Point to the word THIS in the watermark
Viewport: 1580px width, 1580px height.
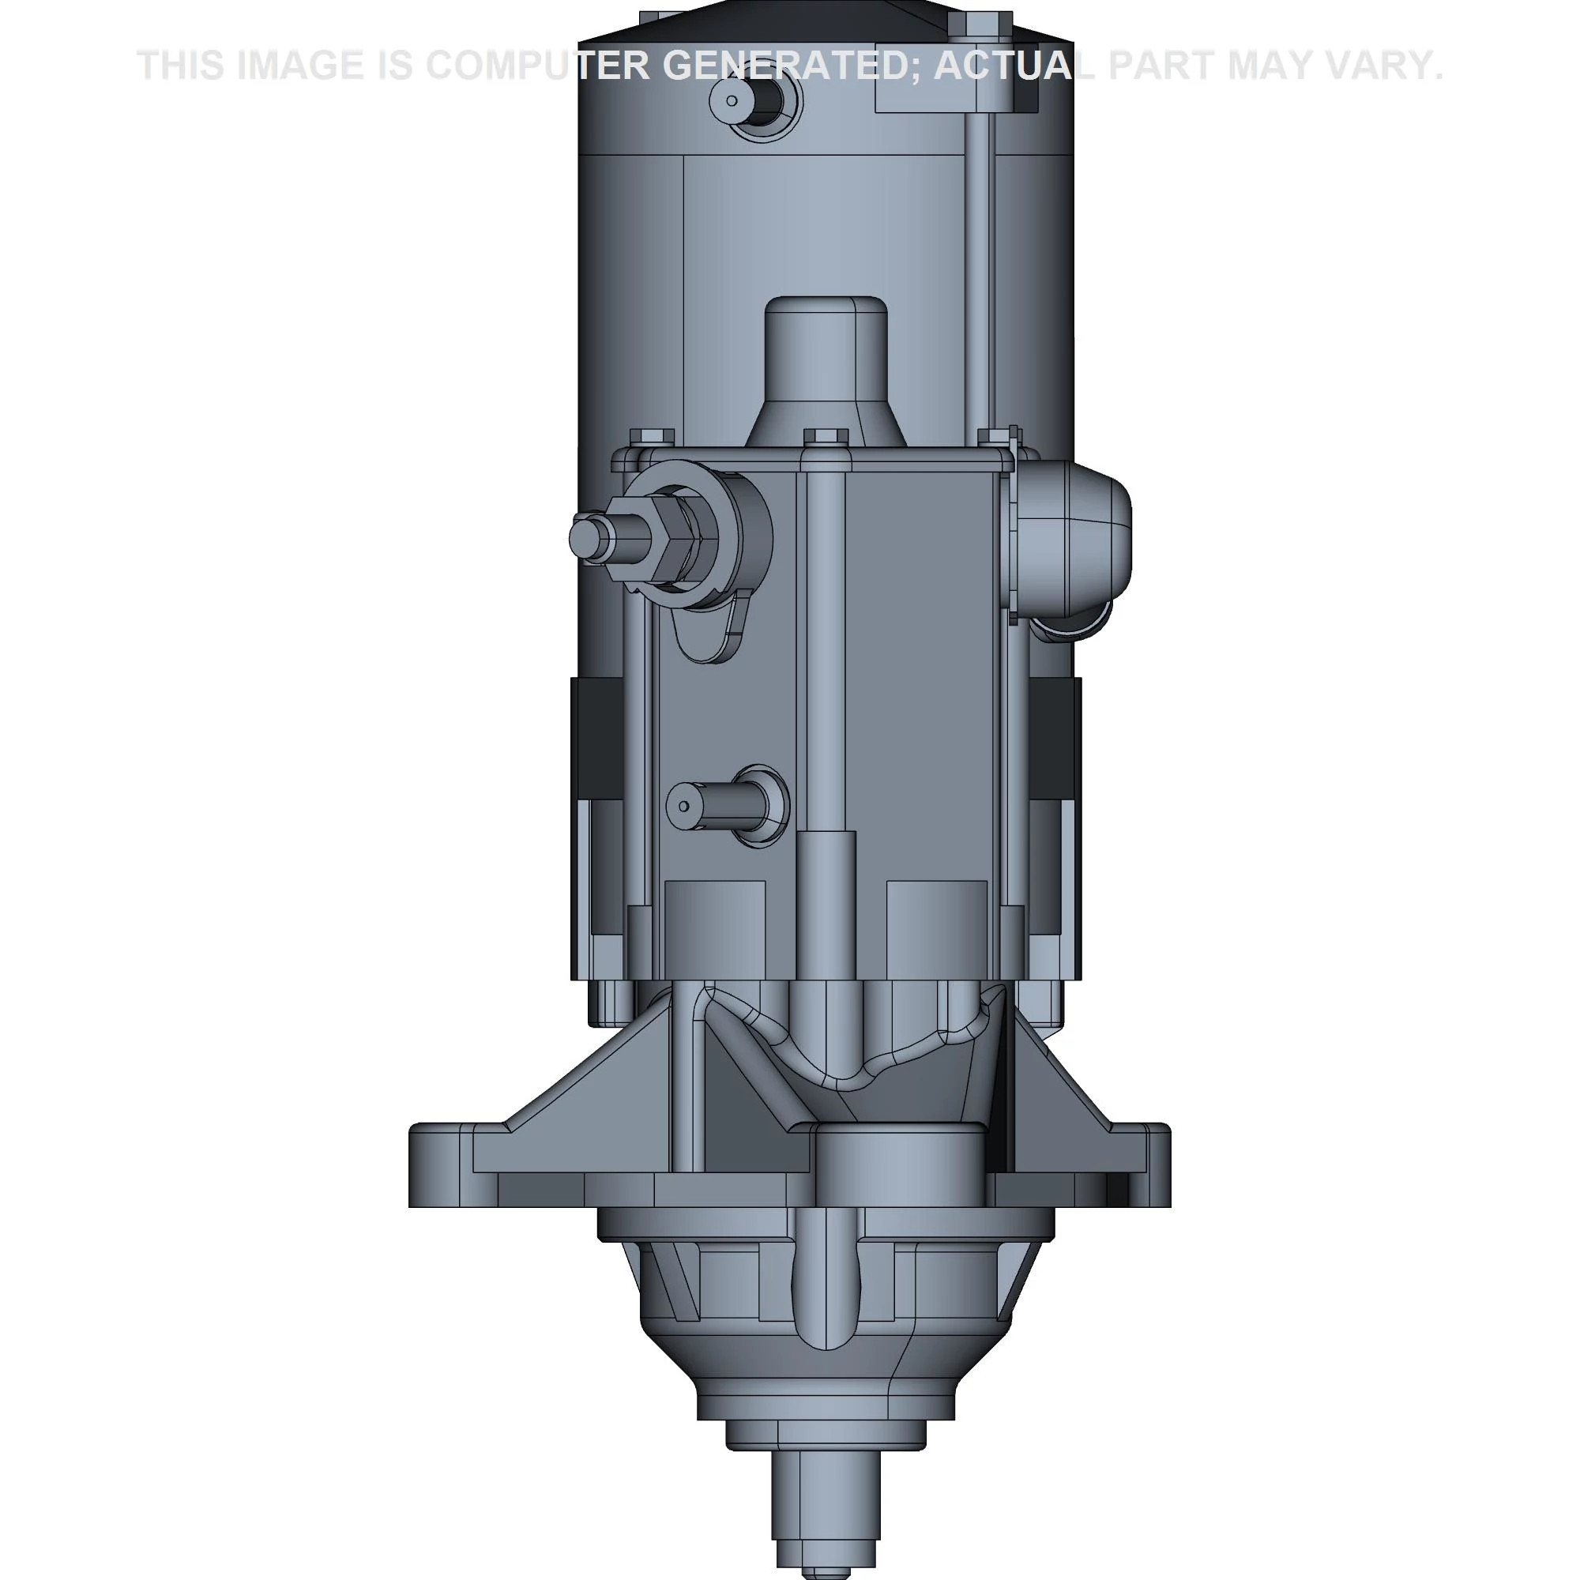(x=181, y=66)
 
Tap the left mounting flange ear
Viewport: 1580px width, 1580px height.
(x=442, y=1164)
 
